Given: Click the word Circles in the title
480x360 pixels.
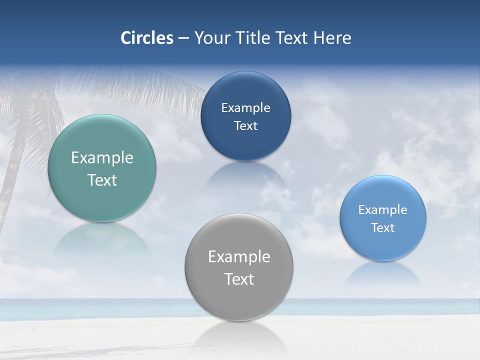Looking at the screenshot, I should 147,38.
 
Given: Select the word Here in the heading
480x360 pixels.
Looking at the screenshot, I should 332,38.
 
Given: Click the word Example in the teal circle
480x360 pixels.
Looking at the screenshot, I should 102,158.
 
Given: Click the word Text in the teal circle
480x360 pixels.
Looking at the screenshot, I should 102,180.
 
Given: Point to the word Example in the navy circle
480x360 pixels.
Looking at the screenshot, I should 245,108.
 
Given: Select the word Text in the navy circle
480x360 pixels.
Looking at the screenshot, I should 245,126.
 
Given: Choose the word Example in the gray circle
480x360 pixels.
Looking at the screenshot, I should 239,257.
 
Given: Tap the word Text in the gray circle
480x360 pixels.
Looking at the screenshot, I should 239,279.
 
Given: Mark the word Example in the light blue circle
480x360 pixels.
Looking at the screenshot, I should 383,210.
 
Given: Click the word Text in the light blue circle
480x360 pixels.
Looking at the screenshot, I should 383,228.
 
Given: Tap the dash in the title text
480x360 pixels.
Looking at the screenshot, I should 183,38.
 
